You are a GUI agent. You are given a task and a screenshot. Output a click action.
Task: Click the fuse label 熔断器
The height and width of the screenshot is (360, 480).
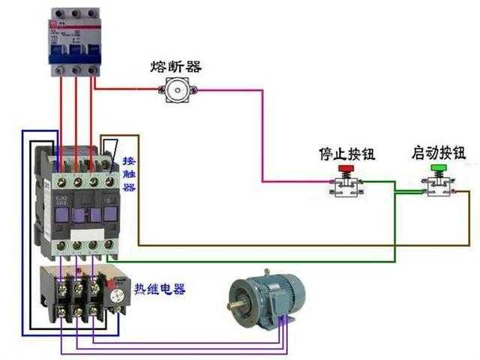pyautogui.click(x=176, y=67)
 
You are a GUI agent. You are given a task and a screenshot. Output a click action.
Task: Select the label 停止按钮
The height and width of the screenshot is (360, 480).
pyautogui.click(x=346, y=154)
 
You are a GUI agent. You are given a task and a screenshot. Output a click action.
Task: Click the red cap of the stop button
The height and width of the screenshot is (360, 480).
pyautogui.click(x=346, y=170)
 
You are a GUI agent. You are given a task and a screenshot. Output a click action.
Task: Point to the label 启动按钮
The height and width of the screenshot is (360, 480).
pyautogui.click(x=439, y=153)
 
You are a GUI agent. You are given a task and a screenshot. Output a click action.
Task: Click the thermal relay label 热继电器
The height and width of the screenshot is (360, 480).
pyautogui.click(x=160, y=289)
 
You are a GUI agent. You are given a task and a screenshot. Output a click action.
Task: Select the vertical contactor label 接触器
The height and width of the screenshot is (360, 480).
pyautogui.click(x=129, y=174)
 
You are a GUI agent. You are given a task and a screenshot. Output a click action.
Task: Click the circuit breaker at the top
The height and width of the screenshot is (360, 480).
pyautogui.click(x=74, y=41)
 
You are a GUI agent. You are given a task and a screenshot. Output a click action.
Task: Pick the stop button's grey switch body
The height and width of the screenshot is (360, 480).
pyautogui.click(x=346, y=187)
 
